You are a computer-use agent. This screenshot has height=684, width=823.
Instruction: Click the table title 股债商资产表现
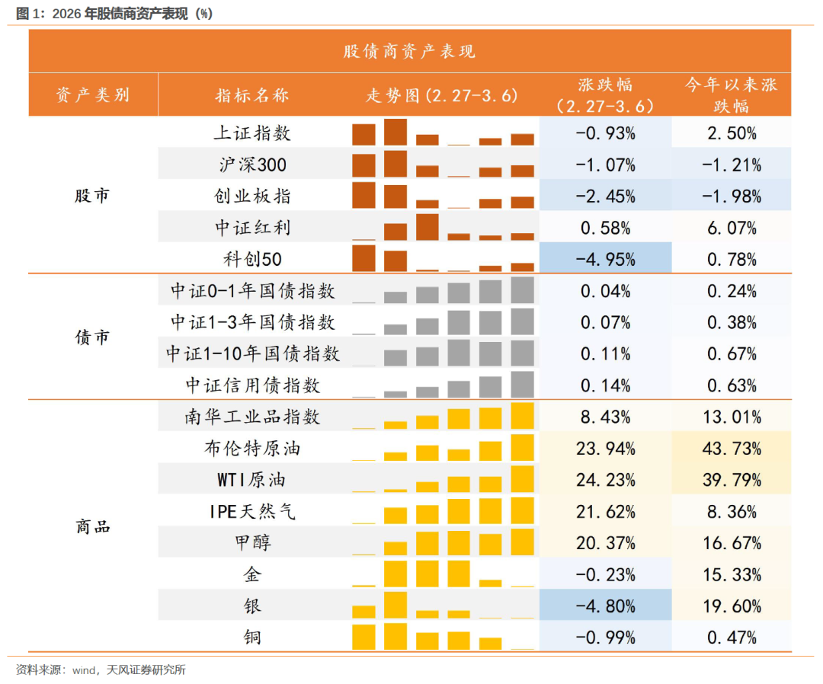coord(409,51)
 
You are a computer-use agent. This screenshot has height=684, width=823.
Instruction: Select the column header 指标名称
coord(252,95)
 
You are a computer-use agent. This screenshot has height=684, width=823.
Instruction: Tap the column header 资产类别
coord(93,95)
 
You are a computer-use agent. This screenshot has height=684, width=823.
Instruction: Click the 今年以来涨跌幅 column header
coord(731,95)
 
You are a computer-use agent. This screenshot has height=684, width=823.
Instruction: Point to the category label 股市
coord(93,196)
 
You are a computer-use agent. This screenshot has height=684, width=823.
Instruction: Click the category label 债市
coord(93,337)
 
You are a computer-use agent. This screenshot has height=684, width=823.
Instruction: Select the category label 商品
coord(93,526)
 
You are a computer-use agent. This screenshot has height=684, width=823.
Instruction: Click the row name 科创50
coord(252,259)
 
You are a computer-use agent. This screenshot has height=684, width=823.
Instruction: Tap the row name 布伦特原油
coord(252,449)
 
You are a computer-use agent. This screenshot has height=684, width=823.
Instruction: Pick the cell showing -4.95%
coord(605,259)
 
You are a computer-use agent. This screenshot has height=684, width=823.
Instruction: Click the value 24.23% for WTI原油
coord(605,480)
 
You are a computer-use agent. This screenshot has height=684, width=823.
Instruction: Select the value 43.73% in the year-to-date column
coord(731,449)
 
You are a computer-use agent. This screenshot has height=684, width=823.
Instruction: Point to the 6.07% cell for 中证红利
coord(731,228)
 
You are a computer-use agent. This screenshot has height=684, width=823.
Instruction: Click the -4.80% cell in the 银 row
coord(605,606)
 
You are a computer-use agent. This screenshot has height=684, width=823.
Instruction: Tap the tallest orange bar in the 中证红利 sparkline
coord(427,227)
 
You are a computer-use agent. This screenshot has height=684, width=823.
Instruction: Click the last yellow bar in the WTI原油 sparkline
coord(522,479)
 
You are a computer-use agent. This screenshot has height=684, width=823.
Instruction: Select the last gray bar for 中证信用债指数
coord(522,385)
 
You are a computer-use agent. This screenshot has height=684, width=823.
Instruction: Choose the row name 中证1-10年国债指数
coord(252,353)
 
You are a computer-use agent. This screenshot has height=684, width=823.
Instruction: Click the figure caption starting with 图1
coord(114,12)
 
